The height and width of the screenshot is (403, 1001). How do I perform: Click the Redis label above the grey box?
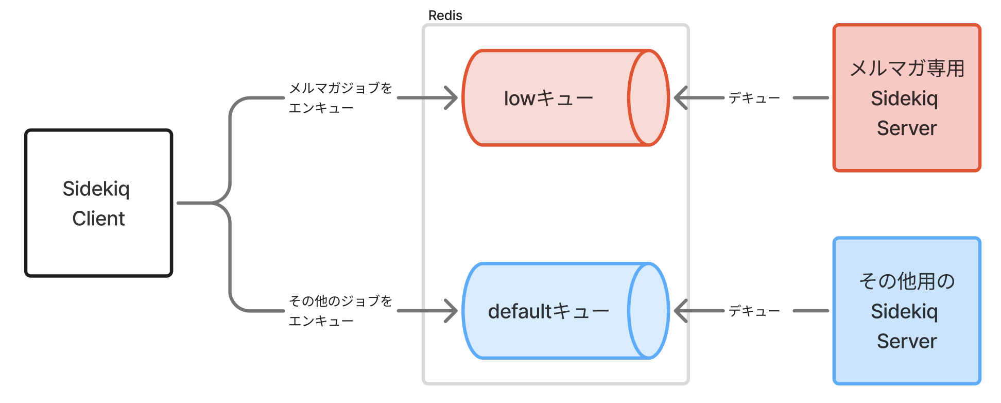(x=445, y=15)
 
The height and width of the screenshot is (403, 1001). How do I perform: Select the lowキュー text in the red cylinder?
(x=548, y=98)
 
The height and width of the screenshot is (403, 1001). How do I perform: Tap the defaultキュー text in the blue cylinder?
(x=548, y=311)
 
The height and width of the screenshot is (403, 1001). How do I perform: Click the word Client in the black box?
(x=98, y=219)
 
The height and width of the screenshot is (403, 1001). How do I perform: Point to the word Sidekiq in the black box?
(x=96, y=189)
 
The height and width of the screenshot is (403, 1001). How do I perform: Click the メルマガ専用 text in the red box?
(x=907, y=68)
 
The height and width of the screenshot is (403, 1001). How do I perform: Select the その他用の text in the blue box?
(x=907, y=281)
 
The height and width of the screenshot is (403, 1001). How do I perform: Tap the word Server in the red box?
(x=907, y=128)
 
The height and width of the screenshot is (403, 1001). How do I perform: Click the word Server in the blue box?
(x=907, y=341)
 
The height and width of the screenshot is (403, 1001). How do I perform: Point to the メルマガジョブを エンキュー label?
(x=340, y=98)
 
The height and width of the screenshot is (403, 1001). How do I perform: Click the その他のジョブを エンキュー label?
(x=340, y=311)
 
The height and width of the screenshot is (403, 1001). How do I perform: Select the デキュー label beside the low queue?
(x=754, y=98)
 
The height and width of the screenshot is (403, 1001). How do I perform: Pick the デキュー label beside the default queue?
(x=754, y=311)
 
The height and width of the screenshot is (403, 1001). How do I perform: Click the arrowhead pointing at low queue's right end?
(x=680, y=98)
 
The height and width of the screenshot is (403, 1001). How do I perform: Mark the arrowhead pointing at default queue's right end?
(x=680, y=311)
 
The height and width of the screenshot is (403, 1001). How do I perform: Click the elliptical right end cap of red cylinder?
(x=648, y=98)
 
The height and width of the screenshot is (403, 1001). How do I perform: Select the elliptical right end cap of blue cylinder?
(x=648, y=311)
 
